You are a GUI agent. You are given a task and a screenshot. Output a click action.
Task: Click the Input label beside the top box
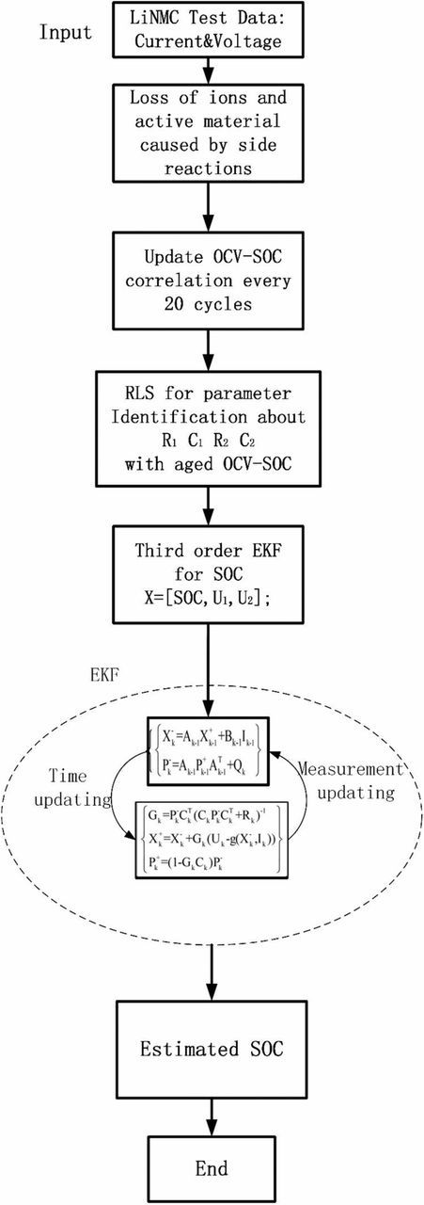[67, 33]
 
